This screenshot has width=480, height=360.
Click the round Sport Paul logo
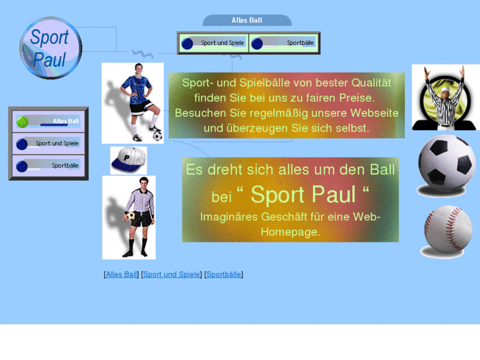(x=50, y=48)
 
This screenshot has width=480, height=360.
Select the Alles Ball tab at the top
(x=247, y=20)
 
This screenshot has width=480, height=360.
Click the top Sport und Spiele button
(x=213, y=43)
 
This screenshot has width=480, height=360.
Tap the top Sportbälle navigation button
(x=284, y=43)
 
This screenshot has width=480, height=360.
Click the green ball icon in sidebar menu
(x=22, y=122)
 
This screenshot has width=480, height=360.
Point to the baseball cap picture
(x=128, y=160)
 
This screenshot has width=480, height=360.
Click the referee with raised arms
(x=444, y=96)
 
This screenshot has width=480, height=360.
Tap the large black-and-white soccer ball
(x=446, y=166)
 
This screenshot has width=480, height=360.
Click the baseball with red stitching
(x=447, y=231)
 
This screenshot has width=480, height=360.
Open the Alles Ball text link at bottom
(x=121, y=274)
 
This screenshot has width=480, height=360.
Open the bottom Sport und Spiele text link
(x=172, y=274)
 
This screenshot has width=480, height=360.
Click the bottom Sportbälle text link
(x=224, y=274)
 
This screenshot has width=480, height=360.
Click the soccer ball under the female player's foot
(x=157, y=135)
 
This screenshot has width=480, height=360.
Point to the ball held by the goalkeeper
(x=131, y=215)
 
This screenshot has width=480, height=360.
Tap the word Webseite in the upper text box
(x=374, y=113)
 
